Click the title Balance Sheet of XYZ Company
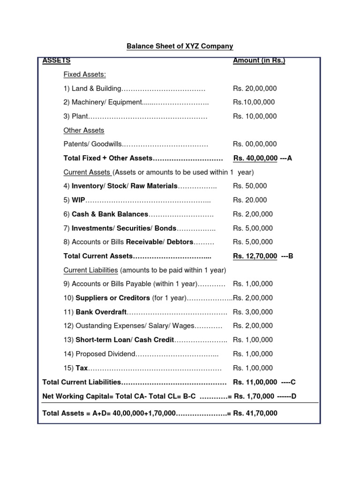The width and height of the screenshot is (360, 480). [x=180, y=46]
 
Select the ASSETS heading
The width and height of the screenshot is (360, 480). [x=56, y=60]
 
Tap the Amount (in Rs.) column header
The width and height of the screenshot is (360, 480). [x=259, y=60]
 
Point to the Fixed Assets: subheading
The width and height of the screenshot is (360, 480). [x=84, y=75]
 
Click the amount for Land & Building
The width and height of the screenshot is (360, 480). [x=255, y=89]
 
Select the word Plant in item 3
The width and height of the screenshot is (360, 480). [x=80, y=116]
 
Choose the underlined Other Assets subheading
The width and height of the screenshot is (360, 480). [x=83, y=130]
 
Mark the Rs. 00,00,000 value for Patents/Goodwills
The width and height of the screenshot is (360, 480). [x=255, y=144]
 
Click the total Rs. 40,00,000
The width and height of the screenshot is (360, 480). [x=255, y=158]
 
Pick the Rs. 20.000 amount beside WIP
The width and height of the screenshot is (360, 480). [x=250, y=200]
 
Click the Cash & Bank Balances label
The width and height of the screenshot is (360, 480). [x=110, y=214]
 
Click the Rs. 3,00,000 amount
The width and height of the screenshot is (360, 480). [x=253, y=312]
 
